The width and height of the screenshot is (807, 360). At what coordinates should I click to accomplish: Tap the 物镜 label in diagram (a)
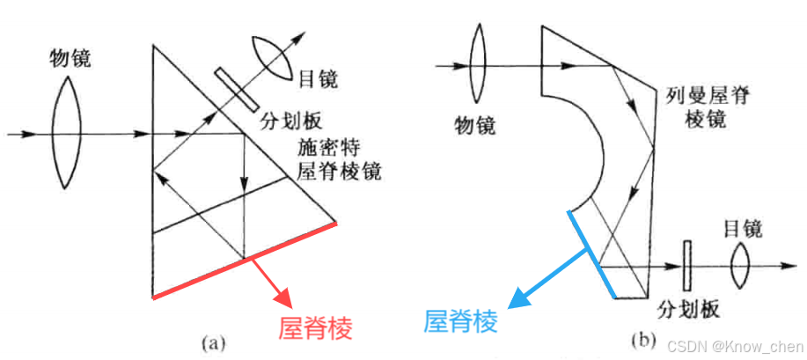pos(70,60)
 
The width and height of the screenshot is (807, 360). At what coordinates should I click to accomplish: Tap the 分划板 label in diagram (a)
pos(284,121)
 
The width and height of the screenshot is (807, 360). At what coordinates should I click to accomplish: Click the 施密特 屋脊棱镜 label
pos(340,158)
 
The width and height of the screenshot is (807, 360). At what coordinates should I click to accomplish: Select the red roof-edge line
pos(244,261)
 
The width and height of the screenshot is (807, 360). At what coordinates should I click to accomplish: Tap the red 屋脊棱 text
pos(315,328)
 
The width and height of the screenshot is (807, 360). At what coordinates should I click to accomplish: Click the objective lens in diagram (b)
pos(479,64)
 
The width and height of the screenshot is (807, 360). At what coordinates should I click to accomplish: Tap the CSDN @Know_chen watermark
pos(733,347)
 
